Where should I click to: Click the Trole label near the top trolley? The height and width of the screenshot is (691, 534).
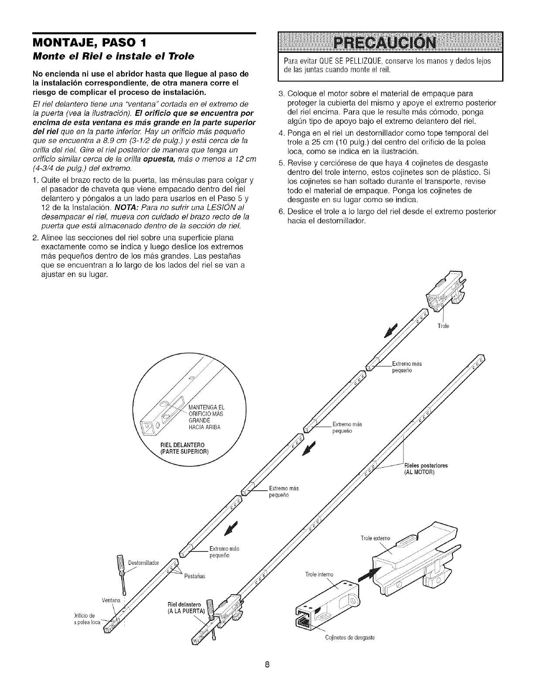point(442,325)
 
